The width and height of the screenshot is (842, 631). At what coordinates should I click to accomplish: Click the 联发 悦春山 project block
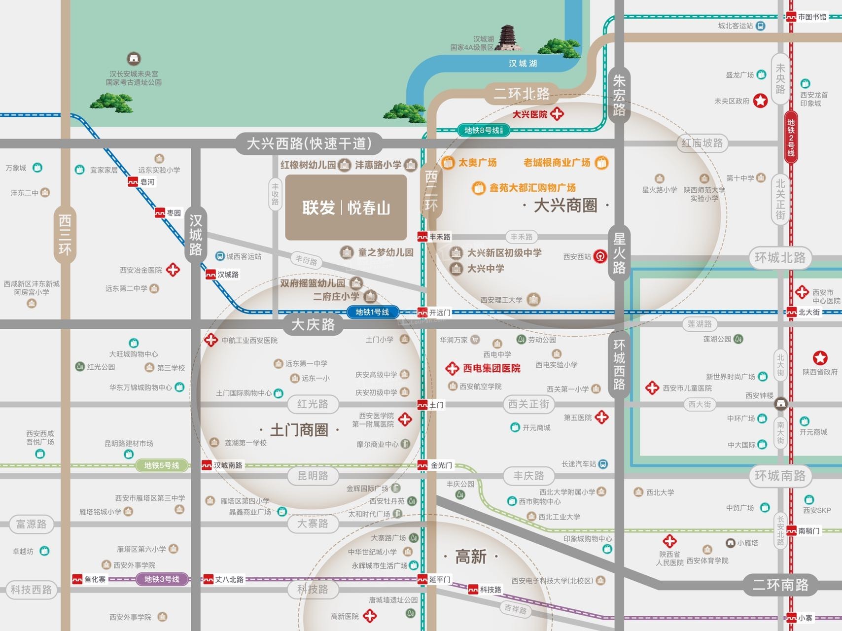click(346, 208)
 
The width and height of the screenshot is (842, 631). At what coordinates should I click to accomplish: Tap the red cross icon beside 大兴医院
click(557, 114)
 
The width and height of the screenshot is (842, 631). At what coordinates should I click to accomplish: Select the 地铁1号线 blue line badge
click(372, 312)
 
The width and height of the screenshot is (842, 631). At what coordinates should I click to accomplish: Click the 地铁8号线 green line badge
click(483, 130)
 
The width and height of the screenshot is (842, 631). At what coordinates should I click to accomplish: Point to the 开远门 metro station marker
click(422, 313)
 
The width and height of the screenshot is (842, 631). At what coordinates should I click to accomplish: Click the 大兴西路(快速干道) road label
click(309, 143)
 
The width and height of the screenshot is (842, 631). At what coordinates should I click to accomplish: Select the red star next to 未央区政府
click(761, 101)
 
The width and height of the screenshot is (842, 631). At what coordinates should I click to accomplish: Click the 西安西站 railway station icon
click(600, 256)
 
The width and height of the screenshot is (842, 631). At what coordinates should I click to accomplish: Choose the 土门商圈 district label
click(299, 430)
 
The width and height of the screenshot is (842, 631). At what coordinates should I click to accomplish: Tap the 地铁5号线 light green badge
click(161, 465)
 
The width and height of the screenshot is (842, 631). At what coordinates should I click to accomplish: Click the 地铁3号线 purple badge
click(162, 579)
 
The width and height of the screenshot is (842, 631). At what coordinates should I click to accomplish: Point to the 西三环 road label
click(65, 235)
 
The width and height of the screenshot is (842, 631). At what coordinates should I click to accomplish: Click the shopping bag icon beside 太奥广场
click(448, 163)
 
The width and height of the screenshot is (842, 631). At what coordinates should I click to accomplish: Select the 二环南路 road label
click(780, 585)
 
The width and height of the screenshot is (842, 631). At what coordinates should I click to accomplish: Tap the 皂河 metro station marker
click(133, 182)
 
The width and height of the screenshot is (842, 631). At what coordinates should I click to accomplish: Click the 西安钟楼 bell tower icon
click(780, 404)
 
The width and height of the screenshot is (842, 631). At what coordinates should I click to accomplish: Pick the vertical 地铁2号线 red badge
click(791, 138)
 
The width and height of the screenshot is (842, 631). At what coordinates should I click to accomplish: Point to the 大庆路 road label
click(313, 324)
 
